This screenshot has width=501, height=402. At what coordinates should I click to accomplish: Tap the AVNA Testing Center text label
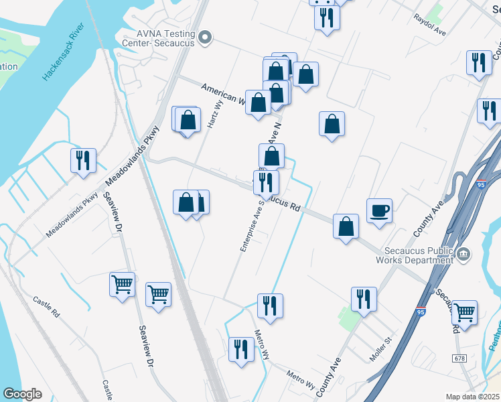pos(161,38)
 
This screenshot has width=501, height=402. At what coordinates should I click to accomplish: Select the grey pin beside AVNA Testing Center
pos(206,39)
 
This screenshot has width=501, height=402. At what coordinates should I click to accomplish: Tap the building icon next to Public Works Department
pos(463,254)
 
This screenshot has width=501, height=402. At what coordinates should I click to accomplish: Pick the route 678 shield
pos(460,359)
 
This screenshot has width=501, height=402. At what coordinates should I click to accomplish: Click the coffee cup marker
pos(379,211)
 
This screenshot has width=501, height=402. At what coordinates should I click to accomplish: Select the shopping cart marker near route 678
pos(464,312)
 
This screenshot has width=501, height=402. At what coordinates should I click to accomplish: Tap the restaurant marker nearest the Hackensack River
pos(83,161)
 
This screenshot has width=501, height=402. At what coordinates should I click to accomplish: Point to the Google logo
pos(22,394)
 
